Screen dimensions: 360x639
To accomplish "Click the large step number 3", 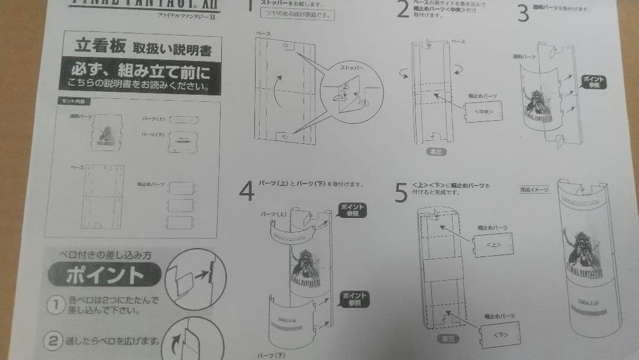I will tap(523, 12).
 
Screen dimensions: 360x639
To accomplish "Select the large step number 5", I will tap(402, 192).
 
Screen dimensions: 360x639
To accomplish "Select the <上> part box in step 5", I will tap(492, 243).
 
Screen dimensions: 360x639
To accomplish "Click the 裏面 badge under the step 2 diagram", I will tap(436, 152).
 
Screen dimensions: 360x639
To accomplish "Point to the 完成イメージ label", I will tap(535, 190).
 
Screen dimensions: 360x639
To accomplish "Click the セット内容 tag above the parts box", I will tap(72, 101).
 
